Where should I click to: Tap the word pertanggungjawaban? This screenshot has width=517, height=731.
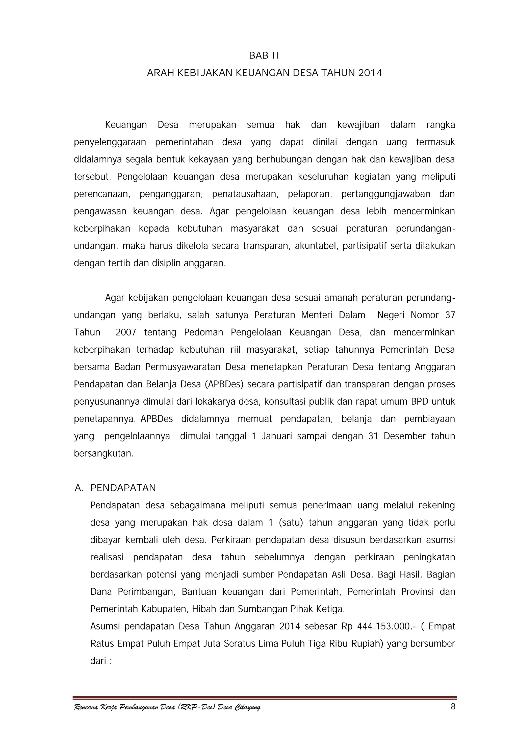[386, 194]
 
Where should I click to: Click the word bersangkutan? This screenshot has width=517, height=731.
[104, 453]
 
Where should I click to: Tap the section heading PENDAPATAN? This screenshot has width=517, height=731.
[123, 488]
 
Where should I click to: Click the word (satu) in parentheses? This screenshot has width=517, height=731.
[291, 523]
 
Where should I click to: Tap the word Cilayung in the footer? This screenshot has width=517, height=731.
[247, 716]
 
